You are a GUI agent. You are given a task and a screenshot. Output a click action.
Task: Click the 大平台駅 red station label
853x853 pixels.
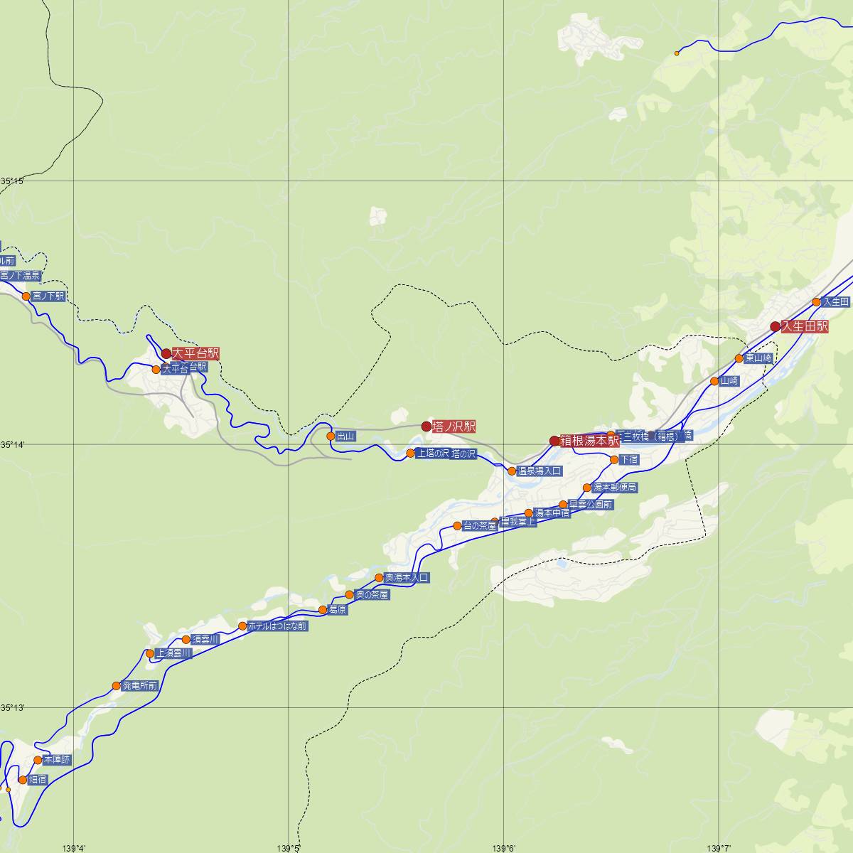click(195, 353)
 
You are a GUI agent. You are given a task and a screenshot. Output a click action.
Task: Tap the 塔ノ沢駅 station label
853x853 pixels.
click(454, 426)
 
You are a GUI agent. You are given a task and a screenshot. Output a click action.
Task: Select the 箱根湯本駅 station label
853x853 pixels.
click(590, 441)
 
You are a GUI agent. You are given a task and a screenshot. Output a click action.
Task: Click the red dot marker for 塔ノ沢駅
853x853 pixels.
click(426, 426)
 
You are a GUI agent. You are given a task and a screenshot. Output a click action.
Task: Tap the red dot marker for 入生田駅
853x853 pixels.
click(776, 327)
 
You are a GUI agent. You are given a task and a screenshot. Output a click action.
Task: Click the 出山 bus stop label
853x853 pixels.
click(345, 436)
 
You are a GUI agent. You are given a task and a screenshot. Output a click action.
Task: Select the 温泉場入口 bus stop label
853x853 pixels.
click(540, 471)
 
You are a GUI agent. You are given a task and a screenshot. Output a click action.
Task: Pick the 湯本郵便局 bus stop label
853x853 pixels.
click(615, 488)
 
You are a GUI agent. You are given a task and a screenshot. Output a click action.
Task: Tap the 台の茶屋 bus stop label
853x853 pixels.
click(479, 526)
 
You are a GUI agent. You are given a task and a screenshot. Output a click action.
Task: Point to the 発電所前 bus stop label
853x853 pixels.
click(139, 686)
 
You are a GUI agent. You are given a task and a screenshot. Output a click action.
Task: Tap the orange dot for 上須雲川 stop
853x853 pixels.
click(150, 653)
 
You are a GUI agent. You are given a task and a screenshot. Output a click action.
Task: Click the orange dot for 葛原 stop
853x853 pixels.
click(323, 610)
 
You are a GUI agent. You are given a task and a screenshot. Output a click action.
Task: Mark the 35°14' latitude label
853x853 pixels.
click(12, 444)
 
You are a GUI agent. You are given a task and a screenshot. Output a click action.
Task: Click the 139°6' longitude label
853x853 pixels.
click(503, 847)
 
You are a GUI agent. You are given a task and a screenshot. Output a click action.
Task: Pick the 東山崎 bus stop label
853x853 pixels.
click(758, 358)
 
